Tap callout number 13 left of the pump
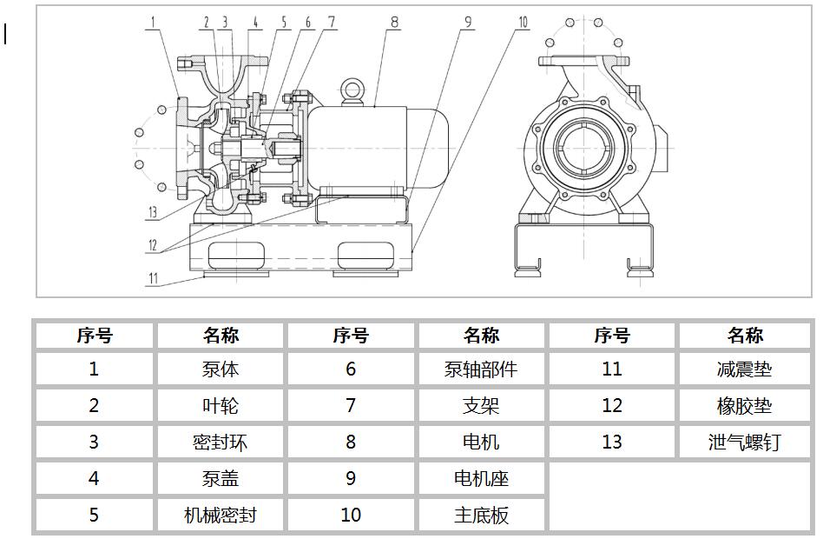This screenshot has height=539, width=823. [x=153, y=212]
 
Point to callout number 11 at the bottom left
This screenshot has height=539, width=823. [x=153, y=279]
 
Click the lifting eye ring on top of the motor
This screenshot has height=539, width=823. [x=352, y=90]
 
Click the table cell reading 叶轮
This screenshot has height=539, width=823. [x=221, y=406]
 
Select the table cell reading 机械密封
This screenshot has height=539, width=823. [x=221, y=515]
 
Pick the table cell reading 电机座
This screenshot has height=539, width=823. [x=481, y=478]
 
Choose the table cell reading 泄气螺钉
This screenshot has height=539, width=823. [x=744, y=443]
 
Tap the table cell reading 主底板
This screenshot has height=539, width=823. [x=481, y=515]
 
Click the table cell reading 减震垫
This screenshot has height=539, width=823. [x=744, y=369]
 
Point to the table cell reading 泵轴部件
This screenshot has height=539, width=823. [x=481, y=369]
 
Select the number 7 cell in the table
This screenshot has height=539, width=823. [x=351, y=406]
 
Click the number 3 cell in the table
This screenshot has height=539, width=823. [x=94, y=443]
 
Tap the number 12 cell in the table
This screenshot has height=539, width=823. [x=612, y=406]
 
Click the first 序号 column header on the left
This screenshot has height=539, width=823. [x=94, y=336]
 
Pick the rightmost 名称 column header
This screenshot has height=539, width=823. [x=744, y=336]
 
